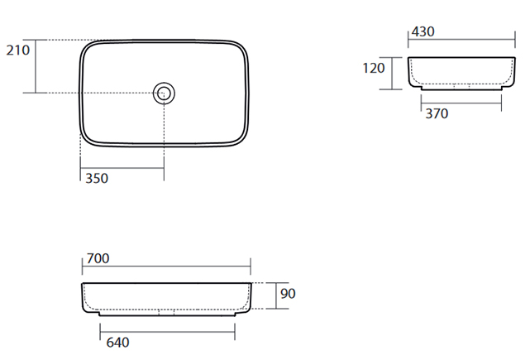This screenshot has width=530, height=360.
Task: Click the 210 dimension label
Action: click(x=18, y=50)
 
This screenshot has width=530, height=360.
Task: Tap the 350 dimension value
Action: click(x=97, y=178)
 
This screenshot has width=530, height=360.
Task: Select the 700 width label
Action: click(x=98, y=258)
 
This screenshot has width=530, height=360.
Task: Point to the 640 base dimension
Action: click(x=117, y=343)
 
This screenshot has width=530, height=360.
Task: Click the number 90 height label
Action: click(x=288, y=293)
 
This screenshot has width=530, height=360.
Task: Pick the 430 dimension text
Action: click(x=423, y=31)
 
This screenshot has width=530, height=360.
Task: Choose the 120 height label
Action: click(x=374, y=68)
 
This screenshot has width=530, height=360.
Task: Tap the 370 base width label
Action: click(x=437, y=113)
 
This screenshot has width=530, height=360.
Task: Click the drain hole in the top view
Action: click(x=164, y=93)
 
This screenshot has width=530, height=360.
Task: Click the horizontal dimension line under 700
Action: click(x=166, y=266)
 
